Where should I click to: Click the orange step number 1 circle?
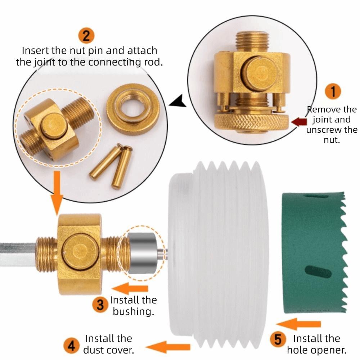coord(333,91)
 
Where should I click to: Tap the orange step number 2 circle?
coord(86,36)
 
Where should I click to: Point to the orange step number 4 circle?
coord(71,346)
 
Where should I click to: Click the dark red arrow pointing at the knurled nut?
coord(298,122)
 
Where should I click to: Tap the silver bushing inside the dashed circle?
coord(142,253)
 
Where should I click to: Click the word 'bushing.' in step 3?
coord(133,311)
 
